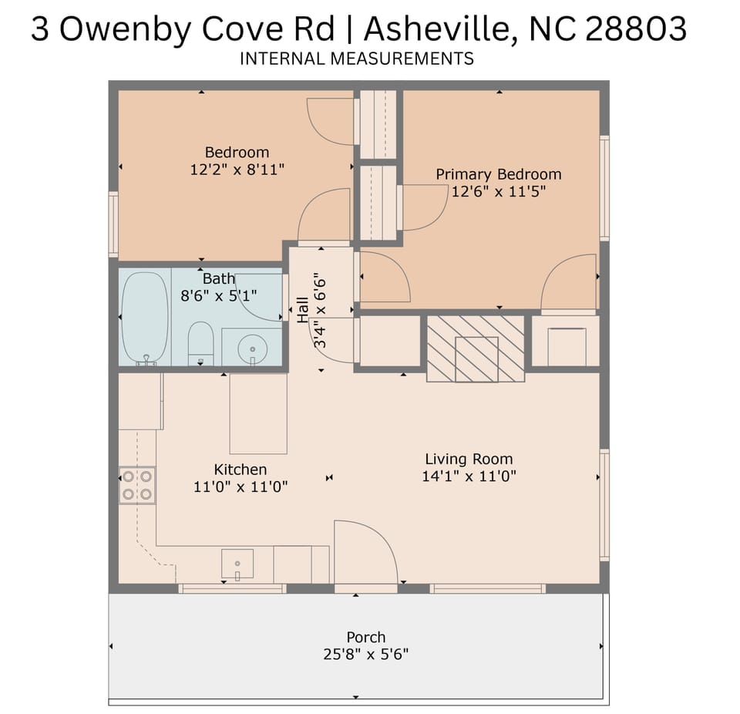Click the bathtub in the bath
point(145,317)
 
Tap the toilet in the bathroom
point(200,343)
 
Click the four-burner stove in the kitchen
point(137,485)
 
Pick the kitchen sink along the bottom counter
point(237,564)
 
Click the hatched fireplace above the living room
point(476,348)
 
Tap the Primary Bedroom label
point(499,174)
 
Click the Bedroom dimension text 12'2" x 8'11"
point(237,170)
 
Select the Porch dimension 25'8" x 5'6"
point(365,655)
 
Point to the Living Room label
point(469,460)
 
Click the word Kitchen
point(240,470)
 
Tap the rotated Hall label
point(303,310)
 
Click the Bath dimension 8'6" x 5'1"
point(219,295)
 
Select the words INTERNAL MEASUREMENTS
point(357,59)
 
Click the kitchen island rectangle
point(258,414)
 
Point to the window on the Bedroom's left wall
point(113,224)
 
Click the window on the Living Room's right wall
point(604,505)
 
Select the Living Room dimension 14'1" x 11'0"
point(469,477)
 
